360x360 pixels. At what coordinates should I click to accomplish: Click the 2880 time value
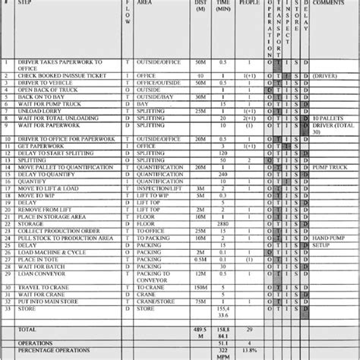(223, 202)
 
